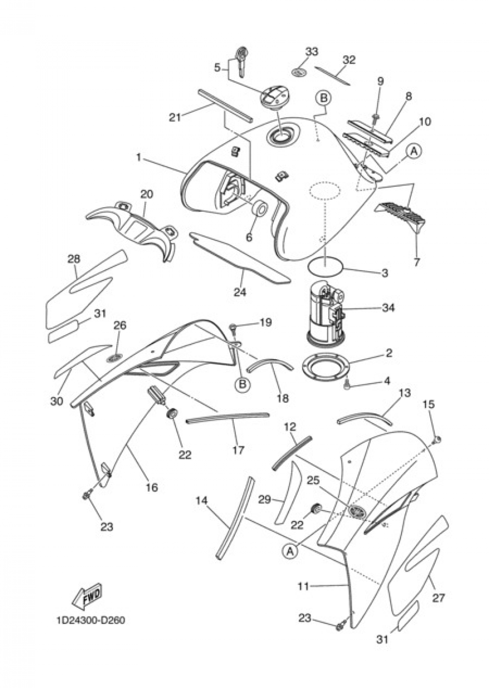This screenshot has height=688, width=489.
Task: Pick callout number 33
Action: [311, 52]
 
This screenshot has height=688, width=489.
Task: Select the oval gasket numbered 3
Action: [326, 267]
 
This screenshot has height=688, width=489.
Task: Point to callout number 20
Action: [146, 194]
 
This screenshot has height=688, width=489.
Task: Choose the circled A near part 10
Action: [414, 152]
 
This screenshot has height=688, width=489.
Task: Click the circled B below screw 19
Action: [242, 385]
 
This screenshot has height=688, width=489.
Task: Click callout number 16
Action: [152, 487]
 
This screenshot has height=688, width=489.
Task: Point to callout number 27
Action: [438, 597]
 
